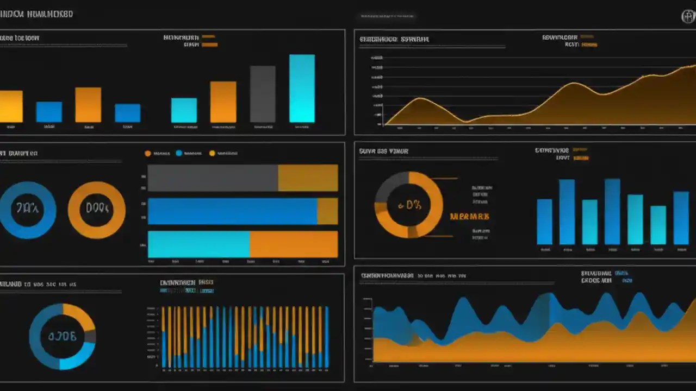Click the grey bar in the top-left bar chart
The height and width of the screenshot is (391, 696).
(x=263, y=94)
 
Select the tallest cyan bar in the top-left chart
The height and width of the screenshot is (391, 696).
(x=302, y=89)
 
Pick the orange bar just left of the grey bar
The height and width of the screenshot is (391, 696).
(x=223, y=102)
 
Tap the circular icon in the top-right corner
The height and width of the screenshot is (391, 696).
(x=688, y=16)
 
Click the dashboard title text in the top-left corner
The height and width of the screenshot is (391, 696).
(x=36, y=15)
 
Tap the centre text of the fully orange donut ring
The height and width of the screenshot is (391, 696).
(x=97, y=209)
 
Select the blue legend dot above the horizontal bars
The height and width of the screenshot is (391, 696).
(x=179, y=154)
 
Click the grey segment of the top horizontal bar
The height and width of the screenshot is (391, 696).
(x=213, y=178)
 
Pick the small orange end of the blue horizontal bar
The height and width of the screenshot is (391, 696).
(x=327, y=211)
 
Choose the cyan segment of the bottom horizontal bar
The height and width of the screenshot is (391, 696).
(x=198, y=244)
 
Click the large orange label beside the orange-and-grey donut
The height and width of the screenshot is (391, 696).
(x=470, y=216)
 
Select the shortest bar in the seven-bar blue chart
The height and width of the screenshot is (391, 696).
(x=658, y=225)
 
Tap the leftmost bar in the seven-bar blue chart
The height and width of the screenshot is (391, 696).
(x=544, y=222)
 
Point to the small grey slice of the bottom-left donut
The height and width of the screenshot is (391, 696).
(x=91, y=337)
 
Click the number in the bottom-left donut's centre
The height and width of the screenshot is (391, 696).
(x=62, y=336)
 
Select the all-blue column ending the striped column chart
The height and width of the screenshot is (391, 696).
(x=326, y=337)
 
